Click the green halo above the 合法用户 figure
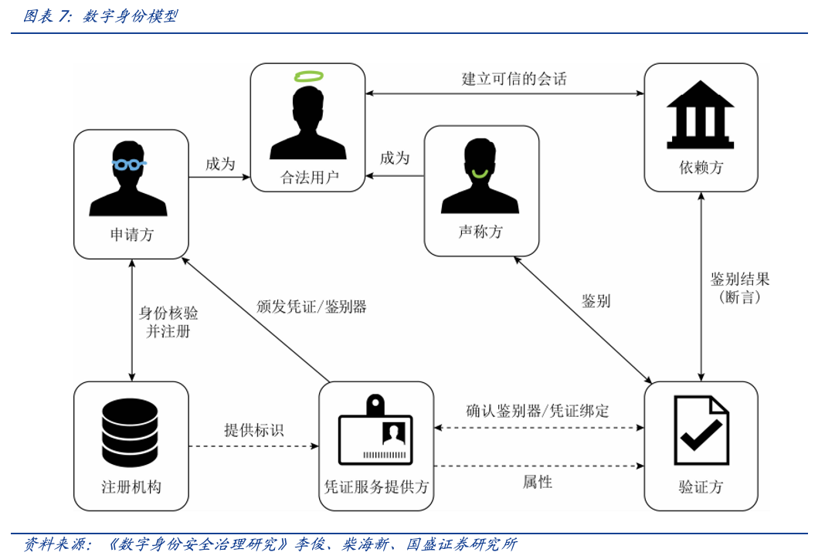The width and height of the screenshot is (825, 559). click(x=308, y=76)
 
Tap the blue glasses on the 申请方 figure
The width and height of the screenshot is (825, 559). click(x=129, y=164)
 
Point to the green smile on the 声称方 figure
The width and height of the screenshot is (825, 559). click(x=480, y=173)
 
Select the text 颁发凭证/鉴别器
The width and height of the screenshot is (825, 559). click(x=311, y=307)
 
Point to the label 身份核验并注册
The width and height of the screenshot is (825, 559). click(x=168, y=322)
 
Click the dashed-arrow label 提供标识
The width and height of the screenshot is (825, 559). click(x=253, y=430)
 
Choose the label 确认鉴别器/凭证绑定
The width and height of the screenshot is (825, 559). click(x=538, y=411)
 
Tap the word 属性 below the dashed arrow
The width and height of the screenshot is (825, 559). click(x=538, y=483)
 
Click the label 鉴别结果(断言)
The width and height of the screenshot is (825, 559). click(x=739, y=287)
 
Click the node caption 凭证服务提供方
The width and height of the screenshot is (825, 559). click(x=376, y=487)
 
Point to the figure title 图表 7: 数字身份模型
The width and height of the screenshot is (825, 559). click(x=100, y=15)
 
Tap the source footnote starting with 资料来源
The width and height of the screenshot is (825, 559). click(x=270, y=544)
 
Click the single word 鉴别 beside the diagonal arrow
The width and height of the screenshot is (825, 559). click(x=596, y=301)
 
